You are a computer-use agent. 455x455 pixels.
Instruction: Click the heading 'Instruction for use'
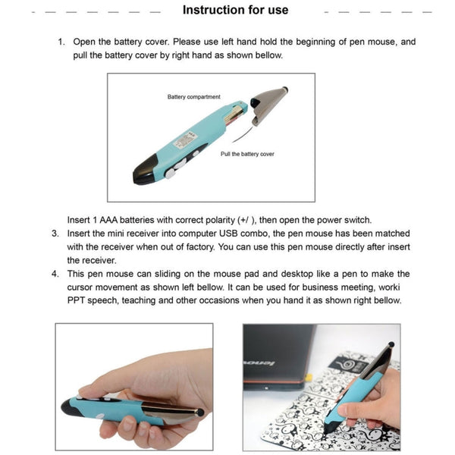235,10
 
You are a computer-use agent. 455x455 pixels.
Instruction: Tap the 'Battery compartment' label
193,97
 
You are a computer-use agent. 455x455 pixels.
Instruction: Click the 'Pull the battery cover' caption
247,154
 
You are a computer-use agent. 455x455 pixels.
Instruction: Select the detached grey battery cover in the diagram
269,102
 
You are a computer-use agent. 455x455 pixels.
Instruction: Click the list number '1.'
61,42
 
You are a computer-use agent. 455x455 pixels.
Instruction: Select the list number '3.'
55,233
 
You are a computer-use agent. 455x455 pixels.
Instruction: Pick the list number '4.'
55,274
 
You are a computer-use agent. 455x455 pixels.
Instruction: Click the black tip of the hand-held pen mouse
71,407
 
